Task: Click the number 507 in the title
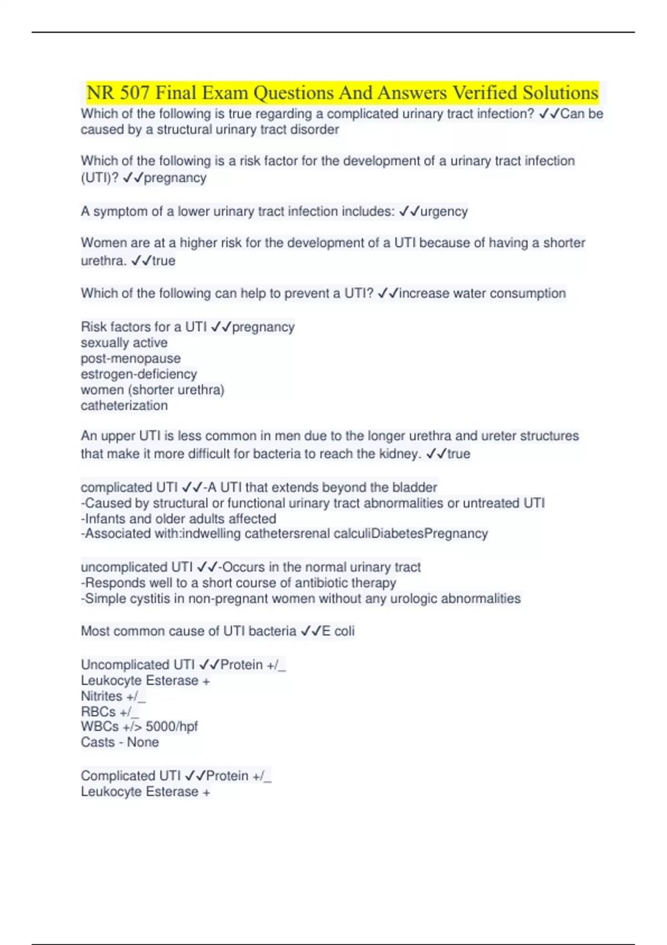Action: click(x=134, y=92)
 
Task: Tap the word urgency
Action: click(x=444, y=211)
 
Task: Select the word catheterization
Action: click(x=124, y=405)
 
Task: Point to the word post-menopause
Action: click(x=131, y=358)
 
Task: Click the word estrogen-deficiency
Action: click(x=138, y=374)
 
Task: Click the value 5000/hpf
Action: click(x=172, y=727)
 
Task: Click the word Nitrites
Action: click(x=101, y=696)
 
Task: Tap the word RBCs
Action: click(x=98, y=712)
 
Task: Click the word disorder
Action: click(x=315, y=130)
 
